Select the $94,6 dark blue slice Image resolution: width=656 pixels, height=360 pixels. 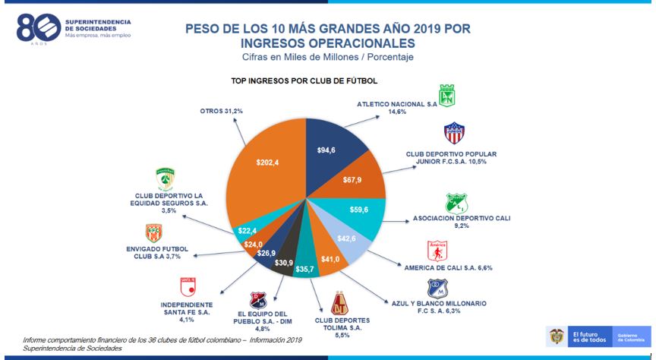tap(326, 151)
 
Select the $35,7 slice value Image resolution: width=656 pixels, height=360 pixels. tap(304, 269)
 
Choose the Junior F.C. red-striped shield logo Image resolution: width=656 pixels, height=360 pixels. tap(454, 133)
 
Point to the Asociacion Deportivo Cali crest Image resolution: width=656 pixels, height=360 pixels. tap(456, 204)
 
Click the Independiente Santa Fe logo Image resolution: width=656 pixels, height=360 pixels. tap(184, 287)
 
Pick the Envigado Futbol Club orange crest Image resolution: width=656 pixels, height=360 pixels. tap(153, 233)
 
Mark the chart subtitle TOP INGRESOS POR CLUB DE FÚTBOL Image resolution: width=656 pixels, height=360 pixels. tap(304, 81)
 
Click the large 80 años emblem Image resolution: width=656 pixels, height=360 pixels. tap(36, 27)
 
